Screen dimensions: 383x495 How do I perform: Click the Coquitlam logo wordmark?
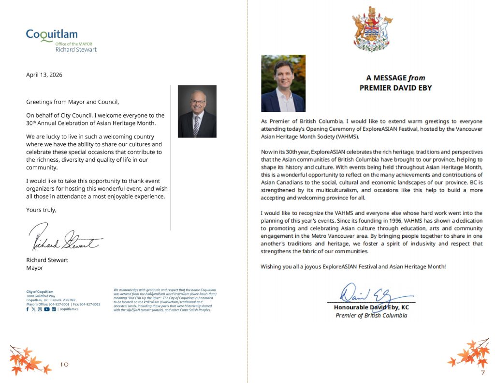(x=51, y=35)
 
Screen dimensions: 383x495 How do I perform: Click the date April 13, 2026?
(x=44, y=75)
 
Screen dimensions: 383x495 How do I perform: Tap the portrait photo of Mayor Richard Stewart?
(x=197, y=111)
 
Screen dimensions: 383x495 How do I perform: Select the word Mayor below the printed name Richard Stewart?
(x=34, y=268)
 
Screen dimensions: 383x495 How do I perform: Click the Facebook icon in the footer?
(x=28, y=309)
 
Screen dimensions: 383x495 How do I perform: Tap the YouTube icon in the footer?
(x=47, y=309)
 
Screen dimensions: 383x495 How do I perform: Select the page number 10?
(x=64, y=364)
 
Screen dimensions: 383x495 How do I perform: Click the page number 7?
(x=482, y=372)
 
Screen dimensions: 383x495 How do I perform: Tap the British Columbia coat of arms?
(x=371, y=29)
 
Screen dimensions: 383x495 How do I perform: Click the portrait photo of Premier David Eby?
(x=283, y=83)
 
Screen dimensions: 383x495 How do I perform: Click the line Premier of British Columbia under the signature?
(x=371, y=316)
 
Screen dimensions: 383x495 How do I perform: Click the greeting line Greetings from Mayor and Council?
(x=72, y=102)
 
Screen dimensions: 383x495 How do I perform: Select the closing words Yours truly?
(x=41, y=210)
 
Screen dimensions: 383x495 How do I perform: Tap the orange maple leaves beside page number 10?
(x=26, y=359)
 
